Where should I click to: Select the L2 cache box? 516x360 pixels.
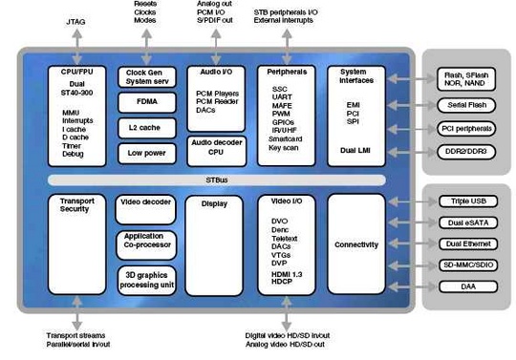145,127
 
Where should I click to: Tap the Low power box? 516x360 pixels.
145,151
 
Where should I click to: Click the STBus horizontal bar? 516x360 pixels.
219,179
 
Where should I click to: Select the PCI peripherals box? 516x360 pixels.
466,127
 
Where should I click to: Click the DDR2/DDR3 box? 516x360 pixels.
466,151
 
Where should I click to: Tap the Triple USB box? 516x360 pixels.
466,201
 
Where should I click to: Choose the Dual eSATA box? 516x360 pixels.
466,223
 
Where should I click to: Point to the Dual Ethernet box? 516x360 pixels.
466,244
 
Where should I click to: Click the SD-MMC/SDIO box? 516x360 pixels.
466,265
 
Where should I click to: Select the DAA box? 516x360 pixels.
466,286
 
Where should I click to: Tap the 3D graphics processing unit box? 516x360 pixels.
145,279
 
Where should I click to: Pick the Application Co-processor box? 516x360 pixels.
145,243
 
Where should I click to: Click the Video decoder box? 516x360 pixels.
145,207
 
